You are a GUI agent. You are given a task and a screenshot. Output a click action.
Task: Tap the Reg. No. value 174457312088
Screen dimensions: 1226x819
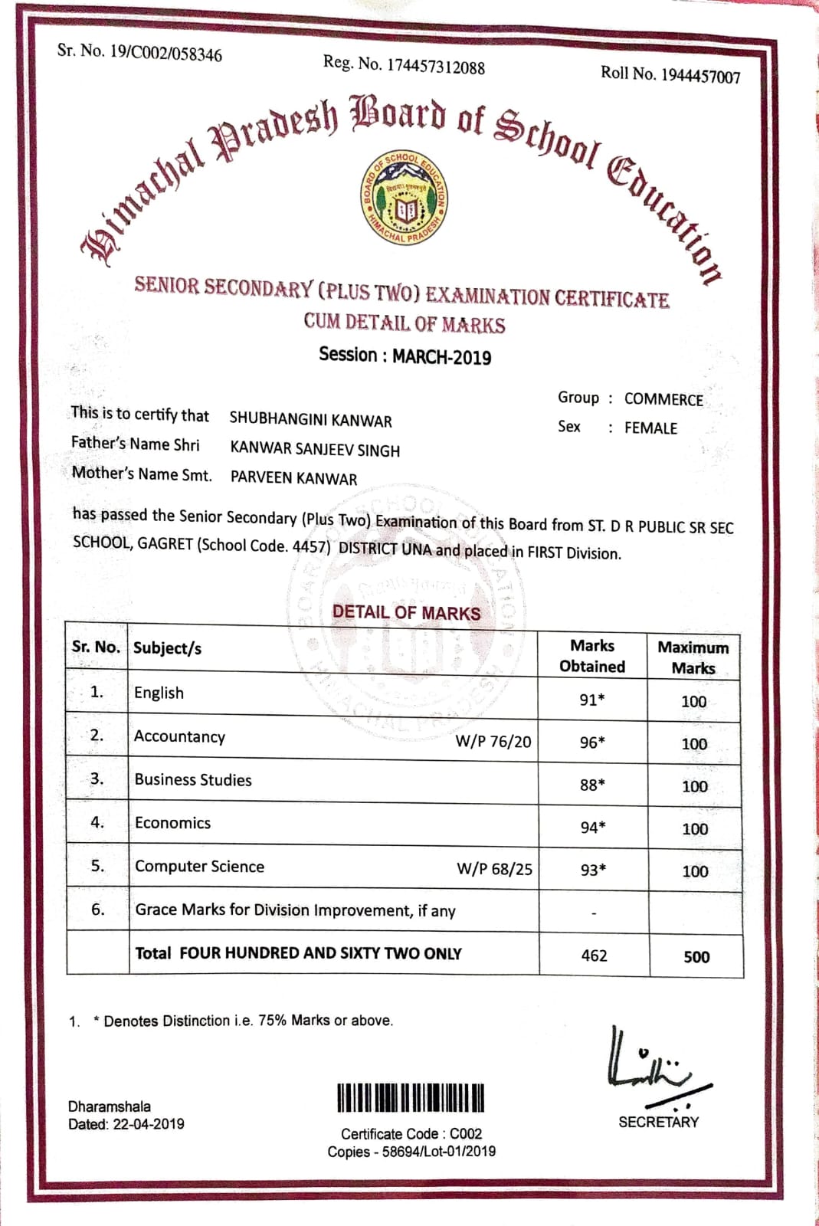click(x=435, y=67)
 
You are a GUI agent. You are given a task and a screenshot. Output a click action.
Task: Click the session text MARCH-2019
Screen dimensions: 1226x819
click(x=442, y=357)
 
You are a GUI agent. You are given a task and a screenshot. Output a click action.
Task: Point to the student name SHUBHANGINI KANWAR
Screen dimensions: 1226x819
click(x=310, y=420)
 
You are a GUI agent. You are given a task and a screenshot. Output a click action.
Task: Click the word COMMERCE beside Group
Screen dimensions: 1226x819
click(x=663, y=399)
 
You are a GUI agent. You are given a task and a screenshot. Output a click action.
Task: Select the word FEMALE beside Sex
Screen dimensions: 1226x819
click(x=650, y=428)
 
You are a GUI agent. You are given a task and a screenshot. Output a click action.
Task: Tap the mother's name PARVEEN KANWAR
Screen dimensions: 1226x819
click(x=293, y=478)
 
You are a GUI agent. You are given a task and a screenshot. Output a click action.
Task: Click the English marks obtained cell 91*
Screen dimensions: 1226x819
click(x=592, y=700)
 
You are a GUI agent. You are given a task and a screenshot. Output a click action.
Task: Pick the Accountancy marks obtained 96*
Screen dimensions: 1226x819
click(x=592, y=742)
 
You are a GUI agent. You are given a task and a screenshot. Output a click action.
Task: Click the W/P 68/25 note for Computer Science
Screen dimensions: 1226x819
click(x=494, y=869)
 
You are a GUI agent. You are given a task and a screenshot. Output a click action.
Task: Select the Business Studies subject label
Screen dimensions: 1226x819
click(x=193, y=780)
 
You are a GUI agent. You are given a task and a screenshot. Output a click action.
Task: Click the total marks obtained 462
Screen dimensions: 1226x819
click(x=594, y=956)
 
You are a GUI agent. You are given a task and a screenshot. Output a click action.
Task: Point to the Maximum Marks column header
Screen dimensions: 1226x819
click(x=693, y=657)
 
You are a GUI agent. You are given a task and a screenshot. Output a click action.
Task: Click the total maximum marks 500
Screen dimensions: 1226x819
click(x=696, y=956)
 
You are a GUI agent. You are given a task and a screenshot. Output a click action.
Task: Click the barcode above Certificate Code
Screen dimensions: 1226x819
click(x=411, y=1097)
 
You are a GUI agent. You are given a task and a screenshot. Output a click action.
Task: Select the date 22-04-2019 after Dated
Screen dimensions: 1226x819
click(x=149, y=1124)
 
